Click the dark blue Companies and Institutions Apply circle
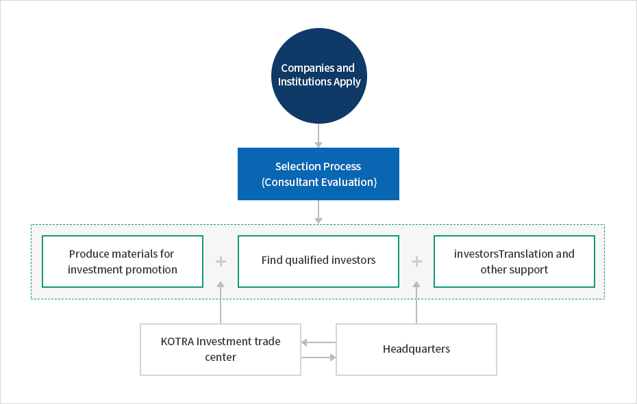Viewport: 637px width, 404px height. (319, 76)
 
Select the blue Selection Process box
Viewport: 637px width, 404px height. (318, 174)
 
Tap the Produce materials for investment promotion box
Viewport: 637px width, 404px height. (123, 261)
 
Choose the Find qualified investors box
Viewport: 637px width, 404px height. (318, 261)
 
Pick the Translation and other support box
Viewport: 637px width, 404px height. (514, 261)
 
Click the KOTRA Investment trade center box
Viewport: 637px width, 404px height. (221, 349)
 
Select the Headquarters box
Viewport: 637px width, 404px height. (416, 349)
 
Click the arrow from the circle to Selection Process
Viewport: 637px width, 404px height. (318, 135)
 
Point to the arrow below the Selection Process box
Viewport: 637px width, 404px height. (318, 212)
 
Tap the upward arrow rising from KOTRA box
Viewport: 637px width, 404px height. (221, 302)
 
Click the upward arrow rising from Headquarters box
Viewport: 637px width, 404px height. (416, 302)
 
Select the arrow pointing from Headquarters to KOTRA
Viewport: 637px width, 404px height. (318, 342)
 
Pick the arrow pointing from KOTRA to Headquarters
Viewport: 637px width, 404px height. (318, 358)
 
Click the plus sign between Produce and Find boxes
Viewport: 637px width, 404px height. (221, 261)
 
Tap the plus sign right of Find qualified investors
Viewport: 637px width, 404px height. (416, 261)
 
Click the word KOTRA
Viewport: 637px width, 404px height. (177, 342)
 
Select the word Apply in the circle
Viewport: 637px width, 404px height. (347, 82)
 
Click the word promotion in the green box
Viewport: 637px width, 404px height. (152, 270)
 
